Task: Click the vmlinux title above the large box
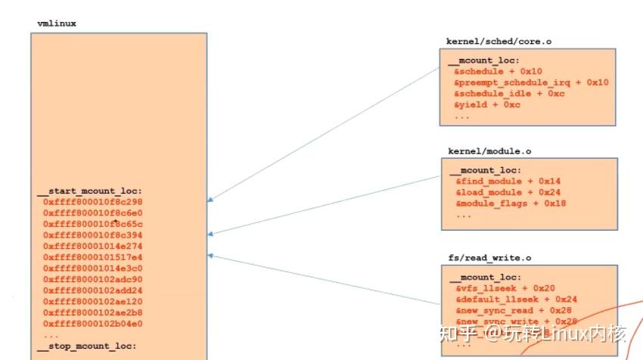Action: pyautogui.click(x=57, y=23)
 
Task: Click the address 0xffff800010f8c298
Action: pyautogui.click(x=93, y=203)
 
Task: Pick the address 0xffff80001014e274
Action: pyautogui.click(x=93, y=247)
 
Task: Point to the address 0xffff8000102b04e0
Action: pyautogui.click(x=93, y=323)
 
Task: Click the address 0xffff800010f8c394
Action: pyautogui.click(x=93, y=235)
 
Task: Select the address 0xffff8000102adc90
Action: pyautogui.click(x=93, y=279)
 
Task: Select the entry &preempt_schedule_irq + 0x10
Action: pyautogui.click(x=531, y=82)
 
